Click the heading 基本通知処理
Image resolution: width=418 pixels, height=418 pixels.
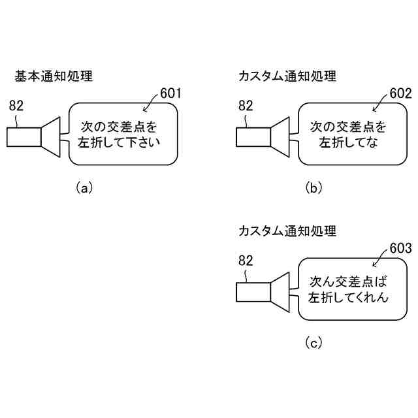coord(54,76)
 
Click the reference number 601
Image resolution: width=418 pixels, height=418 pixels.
coord(170,93)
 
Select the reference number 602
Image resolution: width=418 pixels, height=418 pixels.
coord(400,93)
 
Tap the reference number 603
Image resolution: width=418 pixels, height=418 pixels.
coord(400,248)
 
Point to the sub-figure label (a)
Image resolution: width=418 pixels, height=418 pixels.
coord(84,188)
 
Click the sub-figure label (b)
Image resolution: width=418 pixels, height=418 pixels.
coord(313,188)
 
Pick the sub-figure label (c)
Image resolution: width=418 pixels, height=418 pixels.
coord(313,343)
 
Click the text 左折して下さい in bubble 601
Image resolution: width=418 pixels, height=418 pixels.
coord(119,142)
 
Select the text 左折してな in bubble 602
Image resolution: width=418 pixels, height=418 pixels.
coord(348,142)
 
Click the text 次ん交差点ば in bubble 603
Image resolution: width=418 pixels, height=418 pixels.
coord(348,281)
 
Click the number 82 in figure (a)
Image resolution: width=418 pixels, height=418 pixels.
coord(16,106)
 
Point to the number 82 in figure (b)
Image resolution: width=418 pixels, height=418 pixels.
coord(246,106)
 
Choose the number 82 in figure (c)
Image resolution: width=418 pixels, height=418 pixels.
coord(246,261)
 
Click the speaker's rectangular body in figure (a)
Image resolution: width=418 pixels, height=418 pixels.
coord(24,137)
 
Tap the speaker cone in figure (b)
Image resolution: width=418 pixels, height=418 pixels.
coord(280,137)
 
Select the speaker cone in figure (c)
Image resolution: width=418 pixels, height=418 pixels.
coord(280,292)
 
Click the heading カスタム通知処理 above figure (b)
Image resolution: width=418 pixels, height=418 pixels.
coord(287,76)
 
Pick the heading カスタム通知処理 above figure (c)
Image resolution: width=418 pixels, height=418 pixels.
coord(287,231)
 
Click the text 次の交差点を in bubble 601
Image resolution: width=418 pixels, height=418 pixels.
coord(119,127)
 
